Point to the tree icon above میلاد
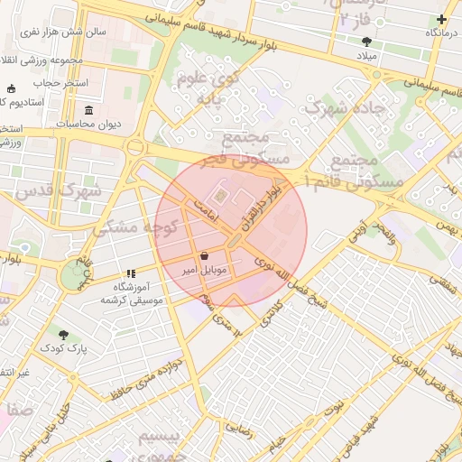tap(366, 42)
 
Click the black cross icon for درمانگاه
tap(441, 19)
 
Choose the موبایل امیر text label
tap(209, 270)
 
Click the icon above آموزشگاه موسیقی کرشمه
tap(131, 273)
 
